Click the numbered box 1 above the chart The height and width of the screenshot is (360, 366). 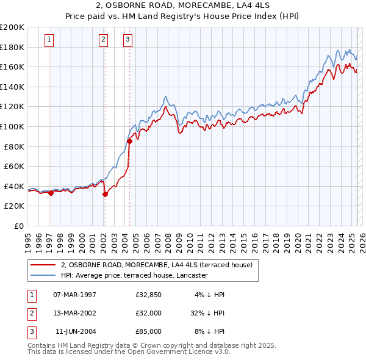[49, 40]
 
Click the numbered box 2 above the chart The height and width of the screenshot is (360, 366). [103, 40]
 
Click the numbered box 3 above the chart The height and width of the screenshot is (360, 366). [127, 40]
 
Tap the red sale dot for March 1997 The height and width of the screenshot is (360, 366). [51, 193]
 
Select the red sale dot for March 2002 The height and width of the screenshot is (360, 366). [105, 194]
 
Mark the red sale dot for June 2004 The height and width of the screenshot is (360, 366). [129, 141]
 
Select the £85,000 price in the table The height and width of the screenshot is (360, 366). [148, 331]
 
